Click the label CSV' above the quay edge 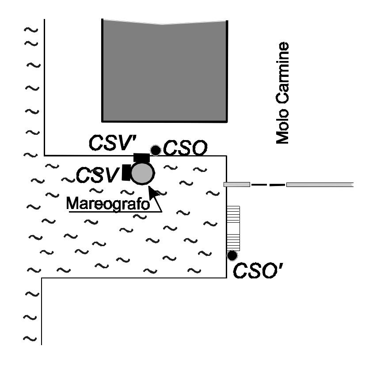pyautogui.click(x=113, y=143)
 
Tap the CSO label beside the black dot pyautogui.click(x=185, y=148)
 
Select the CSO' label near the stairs pyautogui.click(x=258, y=270)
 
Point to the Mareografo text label pyautogui.click(x=108, y=203)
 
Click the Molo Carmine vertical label pyautogui.click(x=282, y=93)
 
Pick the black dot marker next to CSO pyautogui.click(x=156, y=150)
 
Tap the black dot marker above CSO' pyautogui.click(x=232, y=255)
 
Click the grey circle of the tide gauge pyautogui.click(x=142, y=173)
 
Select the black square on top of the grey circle pyautogui.click(x=141, y=158)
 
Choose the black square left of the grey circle pyautogui.click(x=126, y=172)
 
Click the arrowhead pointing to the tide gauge pyautogui.click(x=153, y=193)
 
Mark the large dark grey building pyautogui.click(x=164, y=71)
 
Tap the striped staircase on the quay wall pyautogui.click(x=233, y=228)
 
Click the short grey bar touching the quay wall pyautogui.click(x=237, y=185)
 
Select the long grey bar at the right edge pyautogui.click(x=320, y=185)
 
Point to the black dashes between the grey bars pyautogui.click(x=268, y=185)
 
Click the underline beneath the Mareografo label pyautogui.click(x=115, y=212)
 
